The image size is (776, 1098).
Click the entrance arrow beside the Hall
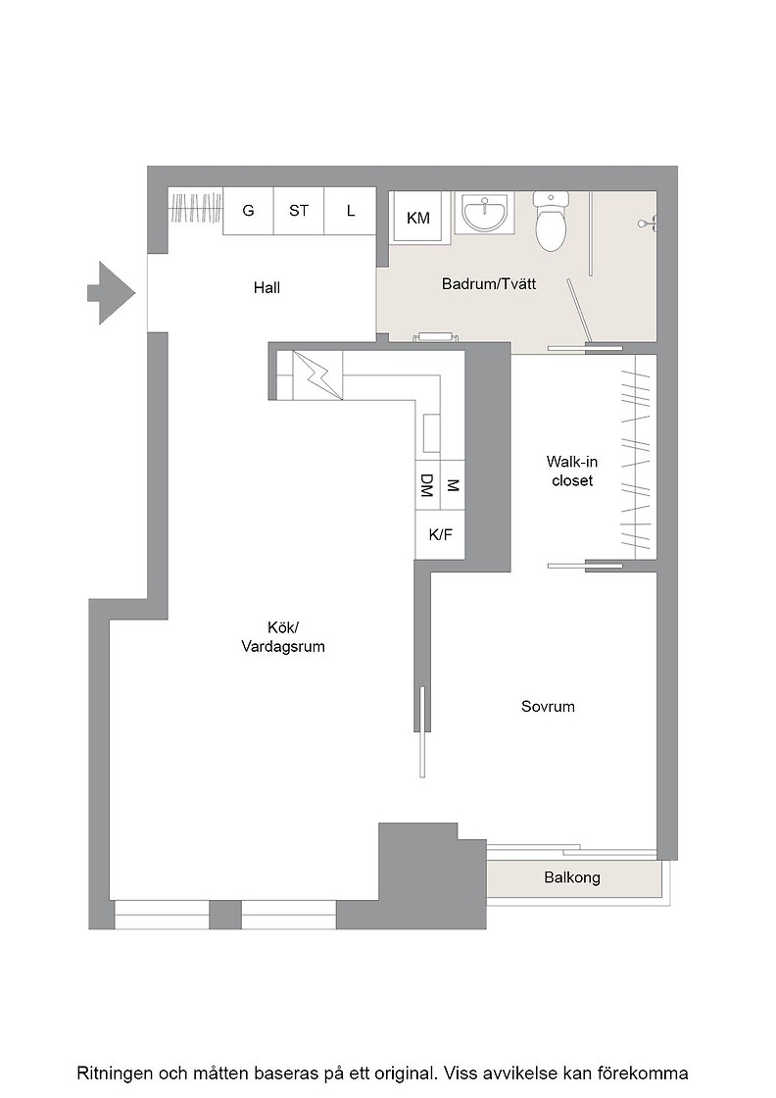pos(111,293)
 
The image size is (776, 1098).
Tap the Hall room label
pos(267,288)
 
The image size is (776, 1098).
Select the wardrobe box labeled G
pos(248,211)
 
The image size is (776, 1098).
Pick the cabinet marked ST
pos(299,211)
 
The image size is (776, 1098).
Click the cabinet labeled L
pos(350,211)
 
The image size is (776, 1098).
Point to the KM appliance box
pos(417,217)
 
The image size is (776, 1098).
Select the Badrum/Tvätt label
pos(488,284)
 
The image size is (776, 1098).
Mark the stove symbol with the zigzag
pos(317,375)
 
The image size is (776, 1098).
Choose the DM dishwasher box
pos(427,484)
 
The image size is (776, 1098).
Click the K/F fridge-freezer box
pos(440,534)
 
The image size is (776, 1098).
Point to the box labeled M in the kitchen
pos(452,484)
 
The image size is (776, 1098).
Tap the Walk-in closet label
pos(571,472)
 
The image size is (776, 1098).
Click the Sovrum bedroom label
pos(548,707)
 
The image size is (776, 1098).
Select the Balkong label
pos(571,877)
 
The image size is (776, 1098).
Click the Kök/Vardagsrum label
pos(283,636)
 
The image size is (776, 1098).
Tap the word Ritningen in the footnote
pos(115,1073)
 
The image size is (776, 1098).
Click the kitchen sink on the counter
pos(431,432)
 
